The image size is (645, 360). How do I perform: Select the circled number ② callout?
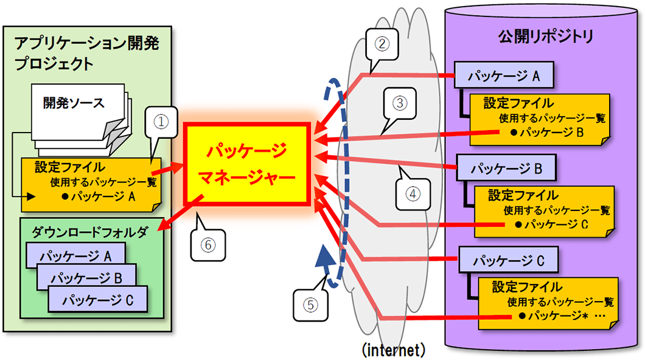(x=381, y=43)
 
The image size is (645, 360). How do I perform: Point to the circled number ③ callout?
(x=399, y=103)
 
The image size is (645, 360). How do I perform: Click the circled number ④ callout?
(x=411, y=194)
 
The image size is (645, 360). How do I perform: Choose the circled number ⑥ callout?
(x=207, y=244)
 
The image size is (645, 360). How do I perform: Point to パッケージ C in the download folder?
(x=98, y=299)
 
